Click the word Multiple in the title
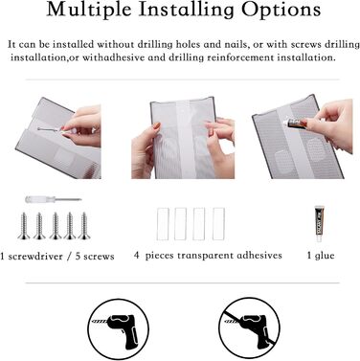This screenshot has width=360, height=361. tap(89, 10)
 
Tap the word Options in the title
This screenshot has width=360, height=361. tap(281, 10)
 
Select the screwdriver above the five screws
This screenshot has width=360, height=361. tap(53, 200)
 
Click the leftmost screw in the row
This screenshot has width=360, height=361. tap(24, 226)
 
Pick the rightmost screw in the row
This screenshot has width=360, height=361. tap(84, 226)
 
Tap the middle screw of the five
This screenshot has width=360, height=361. tap(56, 226)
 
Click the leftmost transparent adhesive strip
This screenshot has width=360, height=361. tap(163, 224)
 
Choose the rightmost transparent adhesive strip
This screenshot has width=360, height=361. tap(218, 224)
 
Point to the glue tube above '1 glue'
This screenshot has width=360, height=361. tap(319, 223)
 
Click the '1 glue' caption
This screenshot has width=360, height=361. tap(321, 256)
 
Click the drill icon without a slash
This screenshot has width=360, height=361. tap(119, 329)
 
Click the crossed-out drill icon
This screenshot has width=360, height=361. tap(249, 329)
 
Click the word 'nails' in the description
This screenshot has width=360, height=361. tap(236, 44)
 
